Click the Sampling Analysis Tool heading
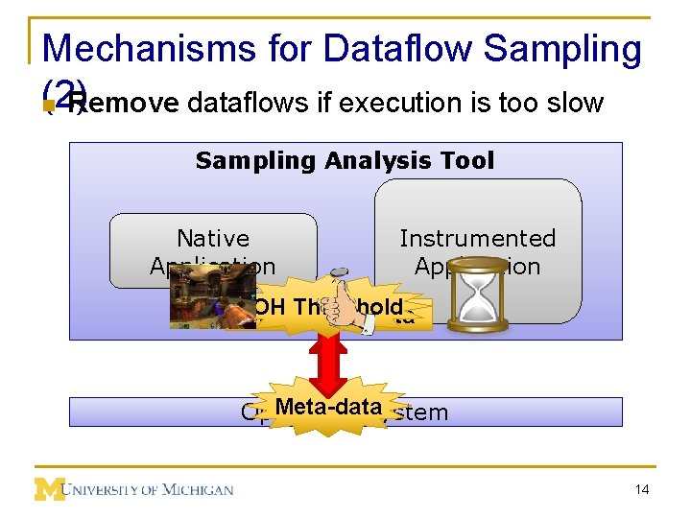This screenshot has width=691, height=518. (x=345, y=160)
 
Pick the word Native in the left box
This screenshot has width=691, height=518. (x=213, y=238)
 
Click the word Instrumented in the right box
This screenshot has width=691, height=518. (x=477, y=238)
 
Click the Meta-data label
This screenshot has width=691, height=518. (x=328, y=408)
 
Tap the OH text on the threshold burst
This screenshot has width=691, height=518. (x=270, y=307)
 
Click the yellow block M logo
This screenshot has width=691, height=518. (x=50, y=489)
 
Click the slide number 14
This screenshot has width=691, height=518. (x=640, y=490)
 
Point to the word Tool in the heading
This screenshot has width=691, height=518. (x=469, y=160)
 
